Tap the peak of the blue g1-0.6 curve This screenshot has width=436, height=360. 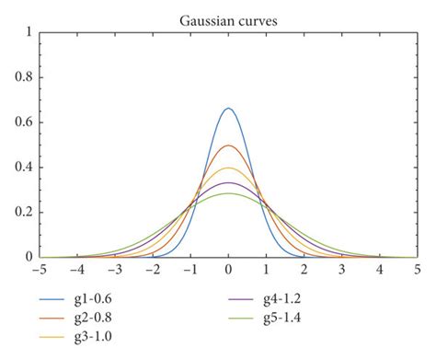click(x=229, y=109)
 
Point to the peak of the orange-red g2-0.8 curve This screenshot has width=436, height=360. click(x=229, y=145)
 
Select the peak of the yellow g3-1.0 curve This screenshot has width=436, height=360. click(x=229, y=168)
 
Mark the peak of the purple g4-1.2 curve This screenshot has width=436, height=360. click(x=229, y=182)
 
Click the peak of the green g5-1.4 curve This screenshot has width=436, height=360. click(x=229, y=193)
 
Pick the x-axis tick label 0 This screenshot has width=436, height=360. click(x=229, y=271)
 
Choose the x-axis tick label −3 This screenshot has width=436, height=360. click(x=114, y=271)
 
